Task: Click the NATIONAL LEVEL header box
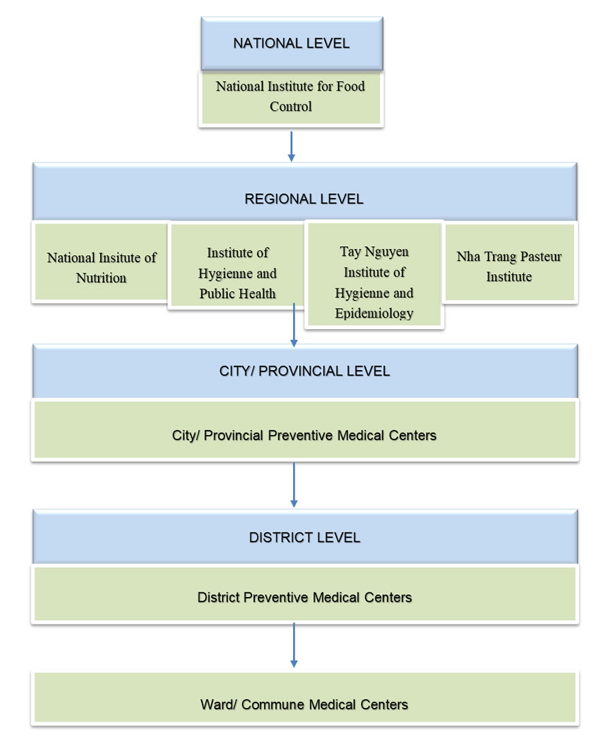[291, 44]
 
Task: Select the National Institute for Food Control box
[291, 97]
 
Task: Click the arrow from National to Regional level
[291, 146]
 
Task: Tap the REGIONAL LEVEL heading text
[304, 199]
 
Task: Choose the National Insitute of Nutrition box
[101, 267]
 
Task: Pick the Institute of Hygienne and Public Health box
[237, 273]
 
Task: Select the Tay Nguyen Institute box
[374, 282]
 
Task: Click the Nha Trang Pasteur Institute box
[509, 267]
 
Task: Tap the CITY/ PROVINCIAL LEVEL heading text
[304, 371]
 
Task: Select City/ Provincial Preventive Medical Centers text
[304, 435]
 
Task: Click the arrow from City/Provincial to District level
[294, 484]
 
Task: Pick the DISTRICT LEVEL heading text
[304, 537]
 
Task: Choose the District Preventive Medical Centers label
[304, 598]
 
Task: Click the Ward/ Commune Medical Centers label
[304, 705]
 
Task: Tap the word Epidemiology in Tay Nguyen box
[374, 314]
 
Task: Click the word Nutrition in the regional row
[101, 277]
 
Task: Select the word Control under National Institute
[291, 107]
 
